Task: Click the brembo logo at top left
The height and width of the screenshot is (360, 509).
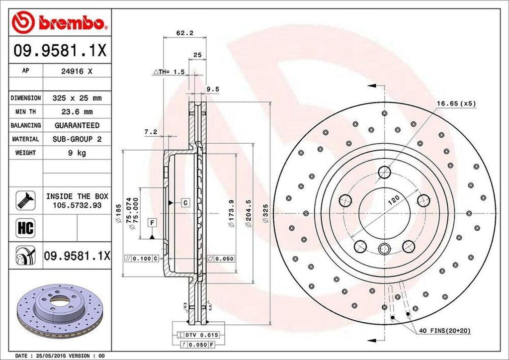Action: point(59,22)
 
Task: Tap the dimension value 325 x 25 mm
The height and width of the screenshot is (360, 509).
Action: point(77,98)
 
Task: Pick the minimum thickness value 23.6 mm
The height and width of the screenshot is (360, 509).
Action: point(77,112)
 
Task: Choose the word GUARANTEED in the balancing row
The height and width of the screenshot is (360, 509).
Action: point(77,125)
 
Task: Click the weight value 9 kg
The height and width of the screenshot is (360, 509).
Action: point(77,153)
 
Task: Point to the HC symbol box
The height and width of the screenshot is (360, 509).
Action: point(25,228)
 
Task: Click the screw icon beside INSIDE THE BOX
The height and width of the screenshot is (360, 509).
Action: point(25,200)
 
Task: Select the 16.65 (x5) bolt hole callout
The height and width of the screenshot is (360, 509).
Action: point(456,104)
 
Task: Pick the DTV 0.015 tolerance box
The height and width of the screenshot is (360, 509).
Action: point(201,335)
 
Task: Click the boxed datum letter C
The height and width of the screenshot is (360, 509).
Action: point(185,202)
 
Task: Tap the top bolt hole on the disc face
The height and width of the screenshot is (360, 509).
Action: point(384,173)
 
